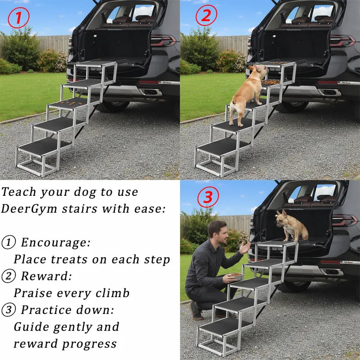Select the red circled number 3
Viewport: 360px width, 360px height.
point(208,197)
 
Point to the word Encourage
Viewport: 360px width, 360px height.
point(55,242)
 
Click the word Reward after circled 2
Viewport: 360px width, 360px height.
point(46,276)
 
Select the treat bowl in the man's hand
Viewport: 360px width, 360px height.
point(235,276)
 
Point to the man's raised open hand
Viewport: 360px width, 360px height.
point(245,248)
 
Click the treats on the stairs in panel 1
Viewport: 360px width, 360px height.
point(67,101)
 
